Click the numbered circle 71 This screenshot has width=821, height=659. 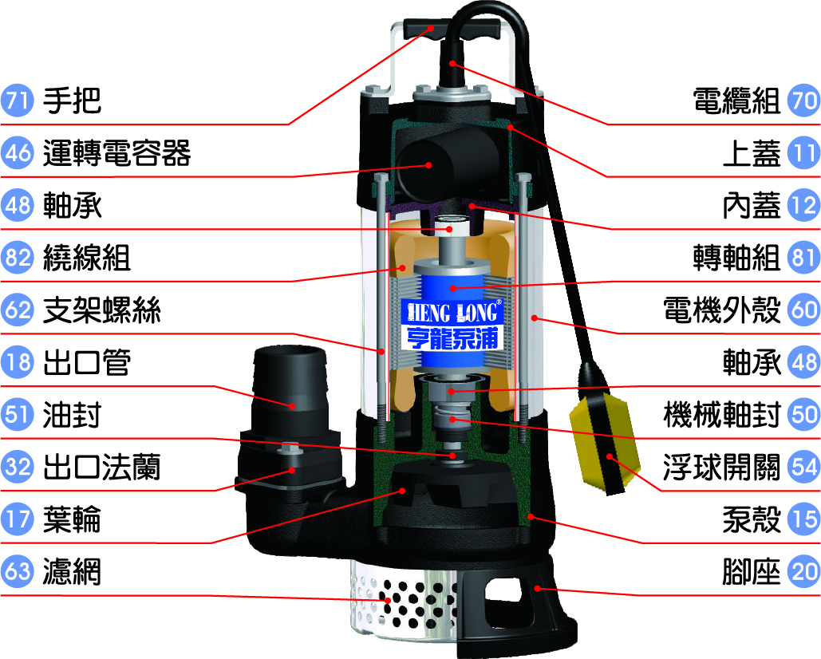pos(18,100)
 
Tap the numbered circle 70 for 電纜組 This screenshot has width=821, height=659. pos(803,100)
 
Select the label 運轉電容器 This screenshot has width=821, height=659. pos(116,153)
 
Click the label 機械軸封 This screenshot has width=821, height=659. pos(722,415)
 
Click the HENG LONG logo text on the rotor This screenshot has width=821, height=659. pos(453,313)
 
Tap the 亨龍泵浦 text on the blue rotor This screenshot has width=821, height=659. pos(452,338)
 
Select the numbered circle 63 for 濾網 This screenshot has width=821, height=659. pos(18,571)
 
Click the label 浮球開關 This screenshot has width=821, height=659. pos(722,467)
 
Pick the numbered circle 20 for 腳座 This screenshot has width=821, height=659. pos(803,571)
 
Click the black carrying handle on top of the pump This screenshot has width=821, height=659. pos(452,29)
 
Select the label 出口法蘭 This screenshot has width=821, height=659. pos(101,467)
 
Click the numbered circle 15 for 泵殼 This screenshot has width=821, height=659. pos(803,519)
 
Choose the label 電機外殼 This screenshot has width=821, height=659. pos(722,310)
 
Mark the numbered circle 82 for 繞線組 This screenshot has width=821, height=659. pos(18,257)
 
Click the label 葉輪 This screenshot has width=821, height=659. pos(73,519)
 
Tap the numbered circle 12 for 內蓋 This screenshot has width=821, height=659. pos(803,205)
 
